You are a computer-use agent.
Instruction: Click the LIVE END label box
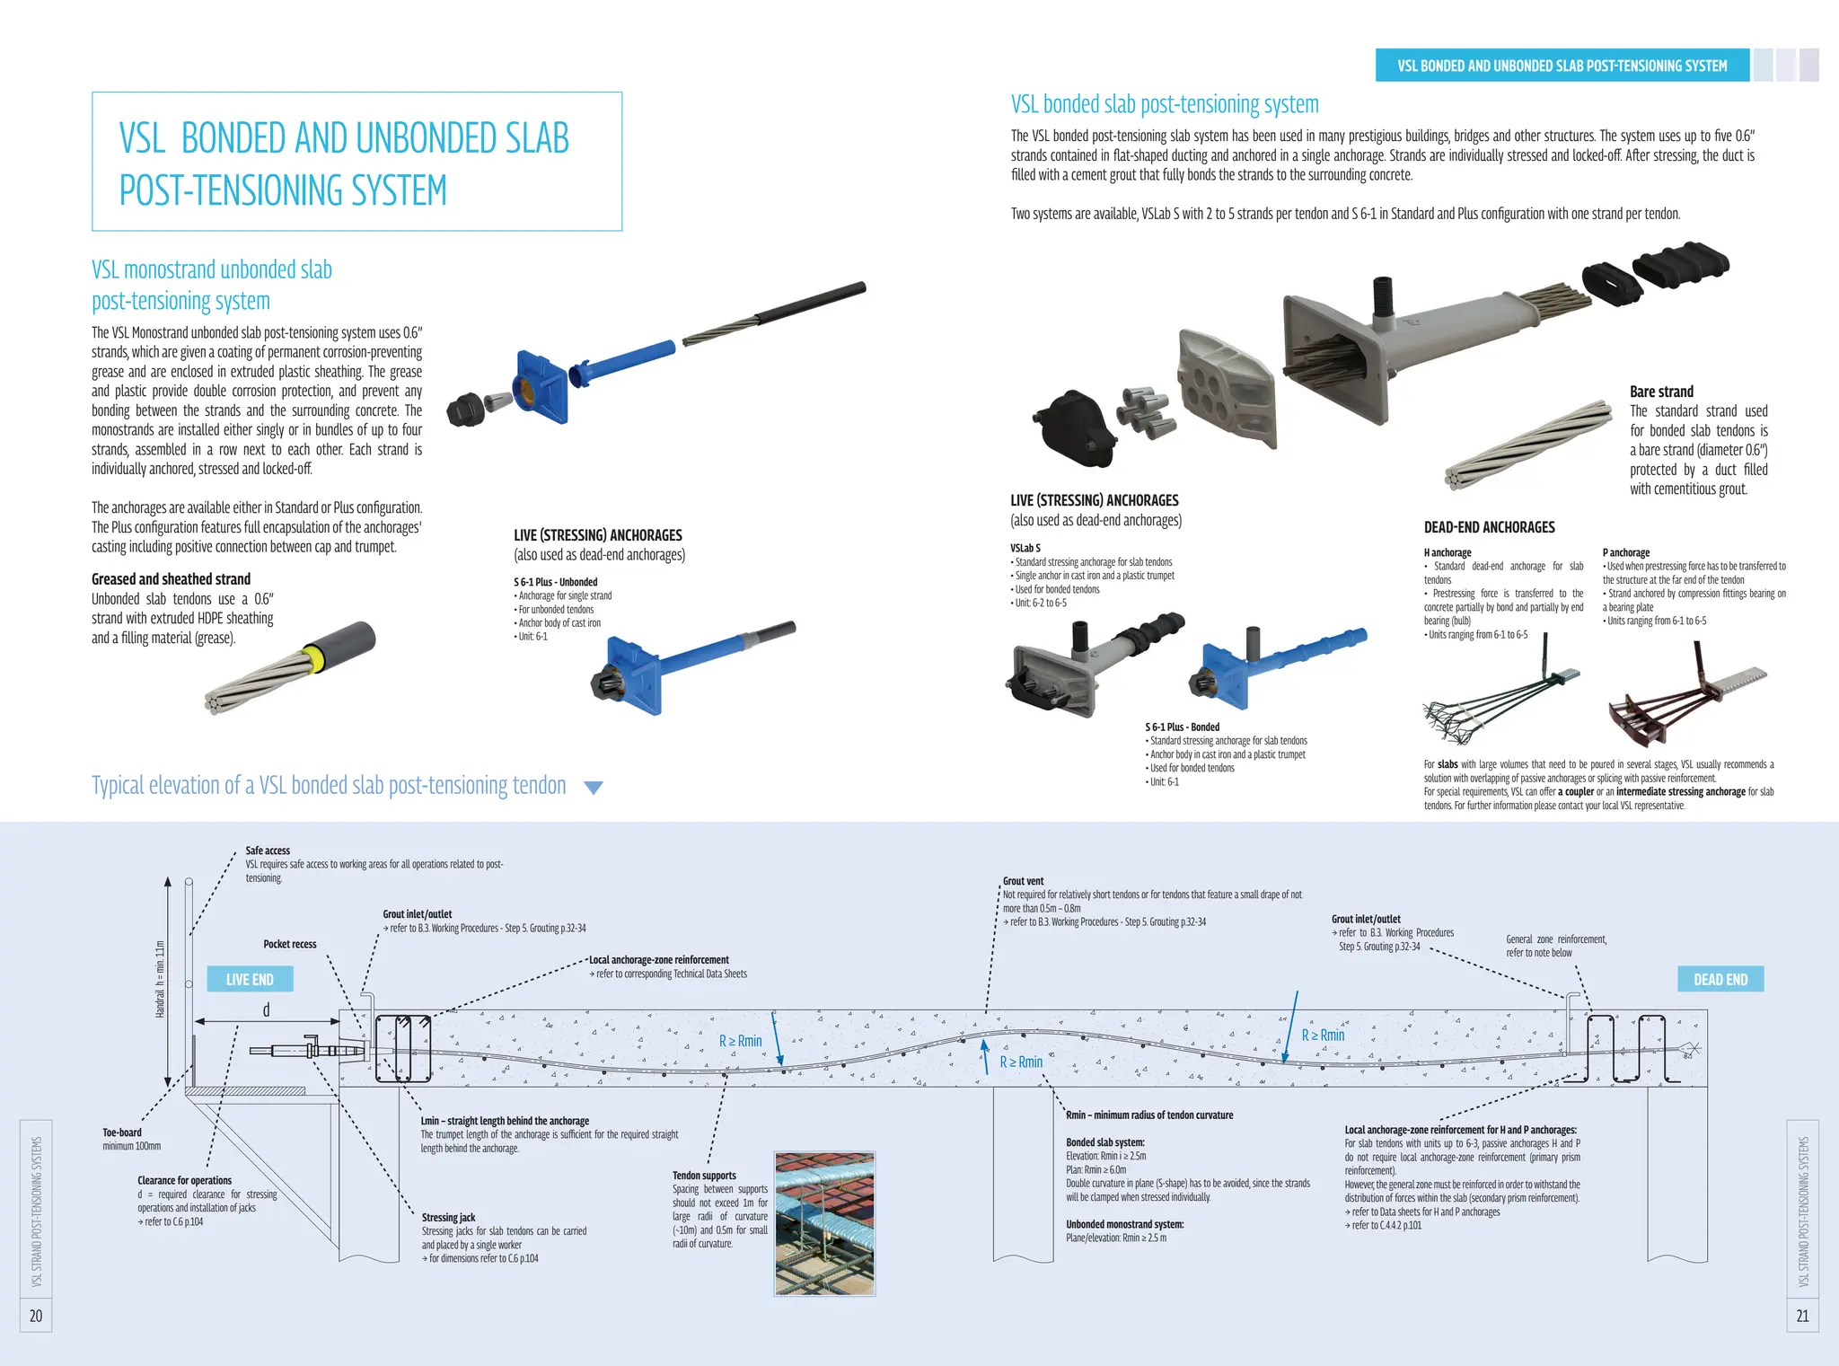coord(250,979)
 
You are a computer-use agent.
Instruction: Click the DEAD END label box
coord(1720,979)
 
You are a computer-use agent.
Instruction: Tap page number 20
coord(36,1316)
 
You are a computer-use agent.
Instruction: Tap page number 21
coord(1802,1316)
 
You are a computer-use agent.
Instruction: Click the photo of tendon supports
coord(824,1224)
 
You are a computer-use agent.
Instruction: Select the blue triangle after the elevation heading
coord(593,788)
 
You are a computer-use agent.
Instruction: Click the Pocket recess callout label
coord(290,944)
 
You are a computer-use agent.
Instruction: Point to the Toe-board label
coord(122,1132)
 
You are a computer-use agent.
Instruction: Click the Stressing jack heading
coord(449,1218)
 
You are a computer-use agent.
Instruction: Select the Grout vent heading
coord(1023,881)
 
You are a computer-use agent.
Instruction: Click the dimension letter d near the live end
coord(266,1010)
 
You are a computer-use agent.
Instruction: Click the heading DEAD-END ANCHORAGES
coord(1489,527)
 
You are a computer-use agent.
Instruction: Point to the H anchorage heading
coord(1447,552)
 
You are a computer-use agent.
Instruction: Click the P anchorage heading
coord(1626,552)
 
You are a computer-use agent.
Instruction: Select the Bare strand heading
coord(1661,392)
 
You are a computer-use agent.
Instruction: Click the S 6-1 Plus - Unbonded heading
coord(556,582)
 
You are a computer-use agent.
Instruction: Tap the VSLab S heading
coord(1025,548)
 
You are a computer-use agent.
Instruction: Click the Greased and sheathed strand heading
coord(171,579)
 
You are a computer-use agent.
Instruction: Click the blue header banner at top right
coord(1562,66)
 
